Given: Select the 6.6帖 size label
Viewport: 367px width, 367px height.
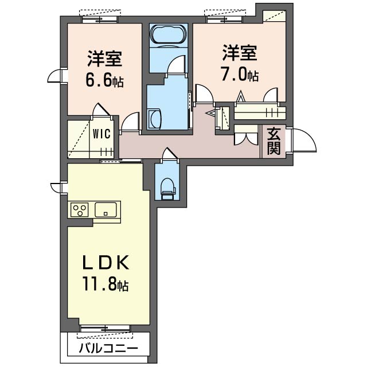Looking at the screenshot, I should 104,81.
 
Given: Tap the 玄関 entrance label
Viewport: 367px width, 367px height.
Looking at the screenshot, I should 274,142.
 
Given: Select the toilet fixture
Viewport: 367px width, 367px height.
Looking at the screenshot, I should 167,186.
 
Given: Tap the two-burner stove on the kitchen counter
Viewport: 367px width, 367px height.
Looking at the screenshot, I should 80,210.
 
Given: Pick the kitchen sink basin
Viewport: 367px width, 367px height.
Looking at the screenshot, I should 107,209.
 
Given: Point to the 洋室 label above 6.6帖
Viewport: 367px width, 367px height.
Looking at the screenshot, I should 104,58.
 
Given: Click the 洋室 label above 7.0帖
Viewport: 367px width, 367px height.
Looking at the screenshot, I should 240,53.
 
